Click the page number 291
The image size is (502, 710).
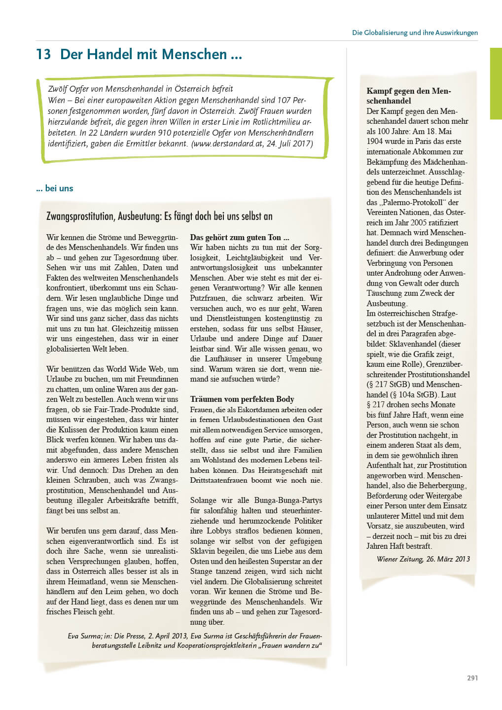tap(472, 678)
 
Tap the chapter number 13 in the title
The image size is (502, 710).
tap(43, 54)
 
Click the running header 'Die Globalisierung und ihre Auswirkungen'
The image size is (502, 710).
tap(415, 33)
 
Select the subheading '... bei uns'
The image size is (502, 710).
tap(55, 188)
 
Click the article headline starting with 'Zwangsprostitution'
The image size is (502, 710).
tap(159, 216)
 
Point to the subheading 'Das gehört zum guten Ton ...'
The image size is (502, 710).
tap(240, 237)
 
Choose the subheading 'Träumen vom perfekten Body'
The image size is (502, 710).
tap(242, 399)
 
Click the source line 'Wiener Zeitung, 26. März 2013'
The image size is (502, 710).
tap(423, 559)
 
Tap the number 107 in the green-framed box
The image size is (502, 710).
tap(284, 100)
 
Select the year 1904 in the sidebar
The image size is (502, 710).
tap(375, 141)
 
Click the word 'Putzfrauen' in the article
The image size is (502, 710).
tap(208, 298)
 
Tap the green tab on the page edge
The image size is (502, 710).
tap(495, 83)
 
